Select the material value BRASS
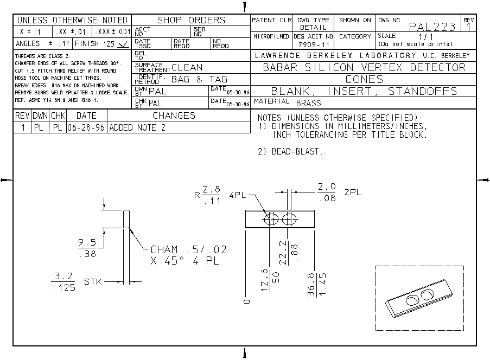[309, 103]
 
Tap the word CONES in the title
[364, 79]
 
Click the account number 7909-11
[313, 43]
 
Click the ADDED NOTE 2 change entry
[139, 128]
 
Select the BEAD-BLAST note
[290, 152]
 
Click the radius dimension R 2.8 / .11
[207, 194]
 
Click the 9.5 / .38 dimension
[86, 248]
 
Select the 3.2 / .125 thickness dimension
[64, 282]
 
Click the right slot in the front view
[290, 220]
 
